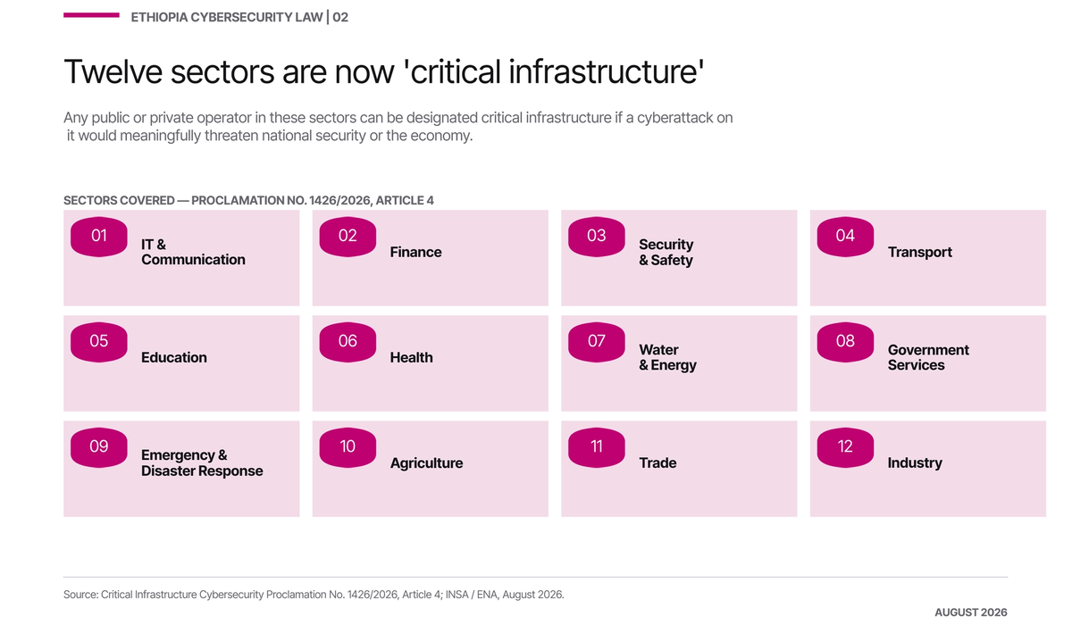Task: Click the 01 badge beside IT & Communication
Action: click(99, 237)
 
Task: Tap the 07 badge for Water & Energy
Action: click(597, 341)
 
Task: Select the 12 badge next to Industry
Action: click(845, 447)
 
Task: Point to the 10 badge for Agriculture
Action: click(348, 447)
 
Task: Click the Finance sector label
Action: click(415, 252)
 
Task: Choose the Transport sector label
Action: click(920, 252)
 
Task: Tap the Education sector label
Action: click(173, 357)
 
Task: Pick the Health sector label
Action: click(411, 357)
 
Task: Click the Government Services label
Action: click(928, 357)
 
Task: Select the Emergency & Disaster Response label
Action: click(202, 462)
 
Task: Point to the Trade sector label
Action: click(657, 462)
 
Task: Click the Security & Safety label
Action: click(666, 252)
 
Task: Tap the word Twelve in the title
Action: click(113, 71)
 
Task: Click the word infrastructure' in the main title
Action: click(606, 71)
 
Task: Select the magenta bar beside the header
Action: click(91, 15)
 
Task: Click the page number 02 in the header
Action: click(340, 17)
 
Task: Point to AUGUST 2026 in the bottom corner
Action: click(970, 612)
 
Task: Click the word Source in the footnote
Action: click(80, 595)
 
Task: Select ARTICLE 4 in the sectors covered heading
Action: click(405, 200)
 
